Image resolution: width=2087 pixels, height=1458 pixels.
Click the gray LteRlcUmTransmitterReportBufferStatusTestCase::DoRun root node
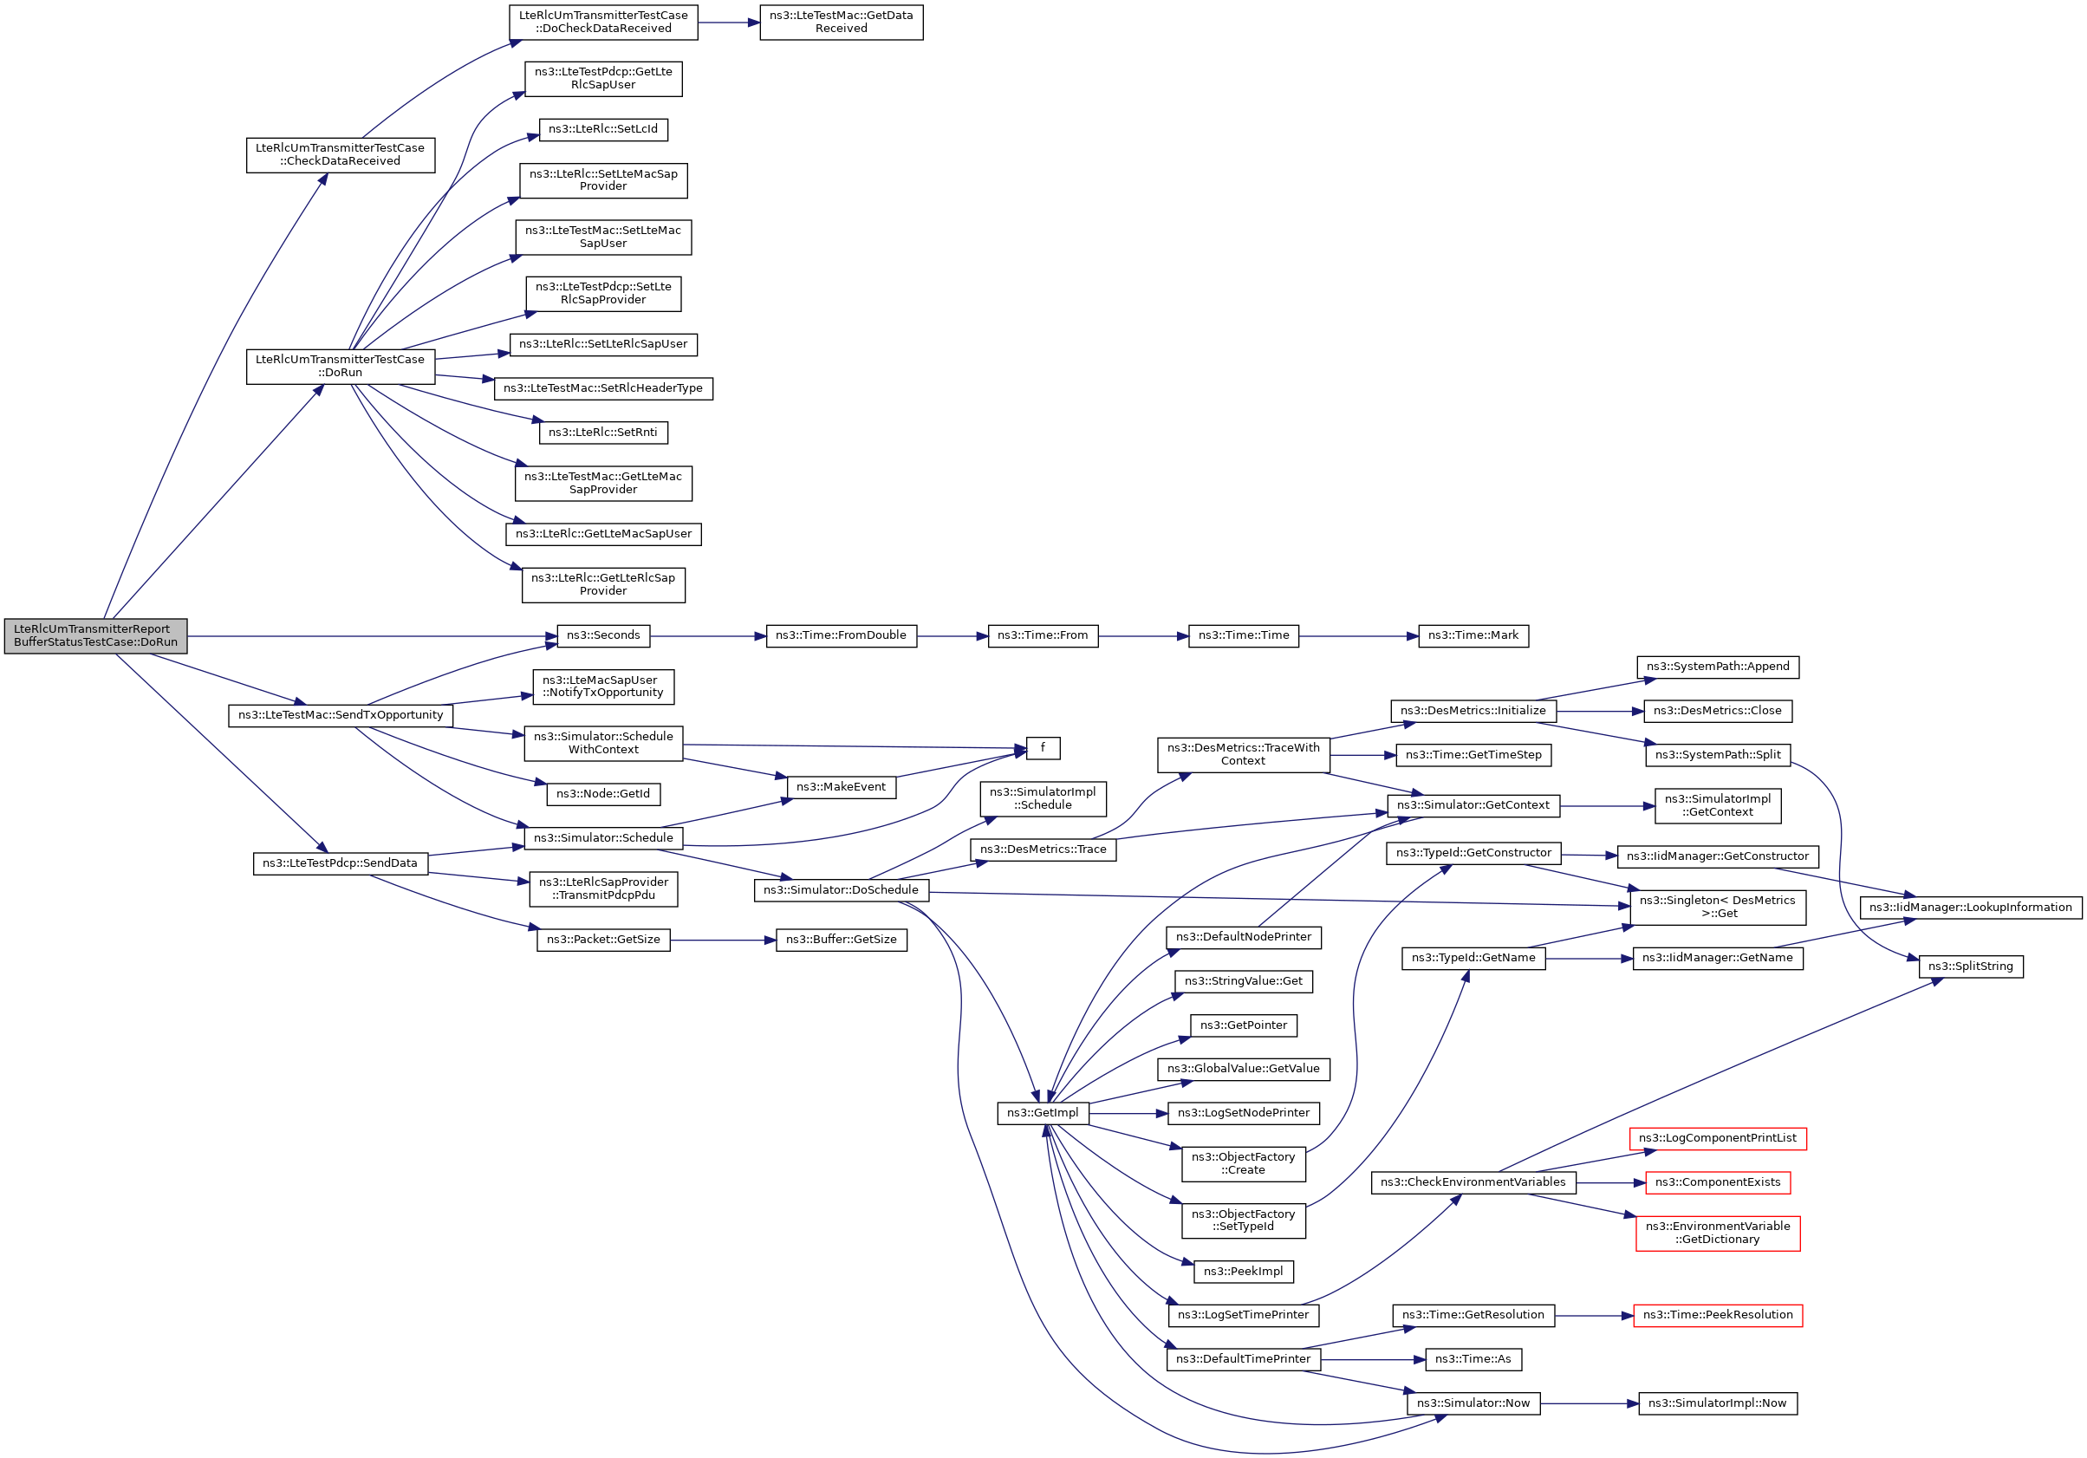tap(95, 635)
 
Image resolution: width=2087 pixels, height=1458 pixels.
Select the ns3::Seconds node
tap(602, 635)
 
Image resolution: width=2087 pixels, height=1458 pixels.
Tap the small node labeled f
tap(1043, 747)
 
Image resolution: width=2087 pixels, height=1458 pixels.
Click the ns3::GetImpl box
tap(1043, 1113)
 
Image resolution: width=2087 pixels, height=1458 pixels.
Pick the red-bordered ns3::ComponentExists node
tap(1717, 1181)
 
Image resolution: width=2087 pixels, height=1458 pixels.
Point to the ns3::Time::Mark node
tap(1473, 635)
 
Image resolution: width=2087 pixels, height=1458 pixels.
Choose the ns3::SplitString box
tap(1970, 967)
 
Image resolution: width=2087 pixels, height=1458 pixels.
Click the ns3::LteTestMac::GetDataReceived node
tap(841, 22)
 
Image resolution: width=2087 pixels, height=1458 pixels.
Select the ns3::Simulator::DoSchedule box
tap(841, 890)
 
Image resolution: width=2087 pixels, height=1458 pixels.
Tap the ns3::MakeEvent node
tap(841, 787)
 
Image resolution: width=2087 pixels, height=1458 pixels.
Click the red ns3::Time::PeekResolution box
tap(1717, 1314)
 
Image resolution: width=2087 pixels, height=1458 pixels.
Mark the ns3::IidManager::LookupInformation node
tap(1970, 908)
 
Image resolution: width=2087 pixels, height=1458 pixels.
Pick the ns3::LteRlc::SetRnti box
tap(602, 432)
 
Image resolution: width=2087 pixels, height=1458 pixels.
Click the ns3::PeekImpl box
tap(1243, 1271)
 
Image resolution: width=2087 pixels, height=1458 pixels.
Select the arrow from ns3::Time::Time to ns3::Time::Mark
tap(1358, 636)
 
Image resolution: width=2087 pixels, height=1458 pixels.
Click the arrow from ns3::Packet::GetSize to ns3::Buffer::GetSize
tap(723, 940)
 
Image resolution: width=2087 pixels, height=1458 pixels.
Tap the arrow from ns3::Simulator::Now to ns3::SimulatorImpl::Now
tap(1589, 1403)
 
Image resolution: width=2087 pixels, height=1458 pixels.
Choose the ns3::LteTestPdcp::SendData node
tap(340, 862)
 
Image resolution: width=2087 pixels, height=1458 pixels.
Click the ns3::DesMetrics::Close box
tap(1717, 711)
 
